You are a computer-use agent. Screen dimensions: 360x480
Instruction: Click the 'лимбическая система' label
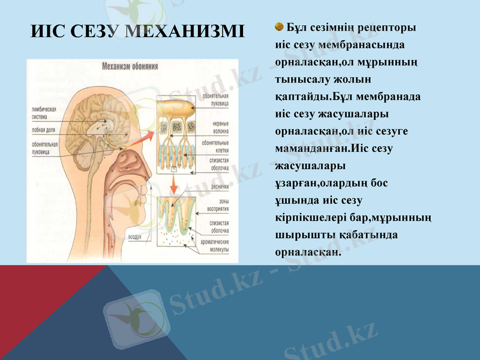pos(44,113)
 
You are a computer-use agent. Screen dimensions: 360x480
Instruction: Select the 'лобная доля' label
pos(46,129)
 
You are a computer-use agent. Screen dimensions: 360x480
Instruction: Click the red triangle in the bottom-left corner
pos(30,300)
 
